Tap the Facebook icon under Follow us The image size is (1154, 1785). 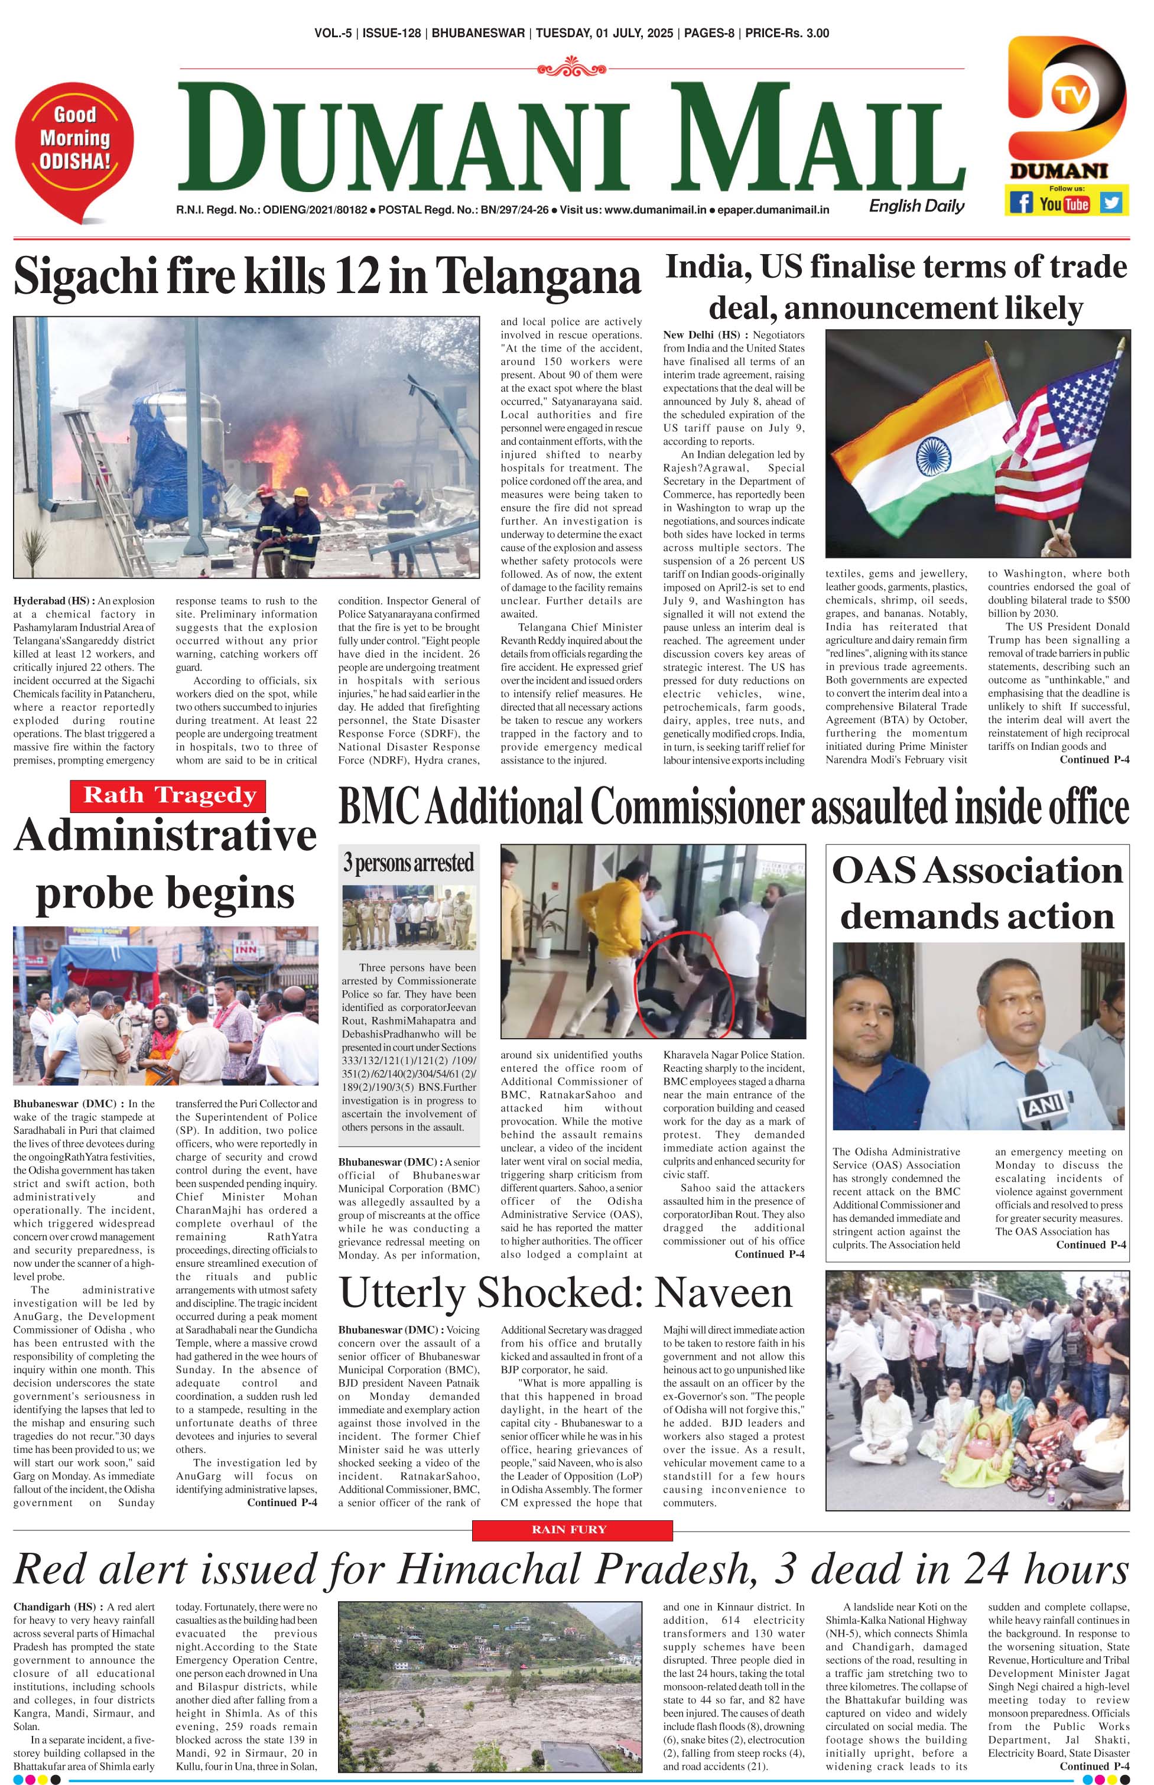pos(1020,203)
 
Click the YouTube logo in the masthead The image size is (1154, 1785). pos(1065,204)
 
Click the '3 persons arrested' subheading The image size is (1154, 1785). pos(408,863)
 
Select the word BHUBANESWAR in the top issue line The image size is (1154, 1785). pos(478,33)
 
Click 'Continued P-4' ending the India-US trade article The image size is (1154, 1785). pos(1094,760)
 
